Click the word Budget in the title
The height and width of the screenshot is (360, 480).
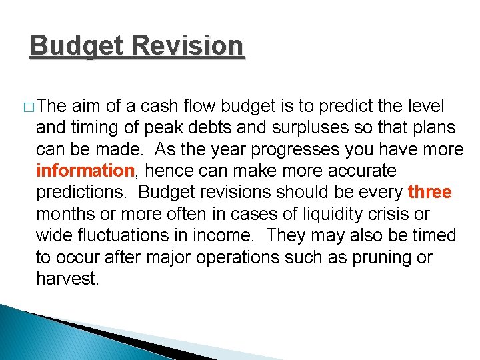[x=77, y=46]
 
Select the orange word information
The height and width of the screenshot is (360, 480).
[x=85, y=171]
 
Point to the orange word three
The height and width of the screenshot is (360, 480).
[x=430, y=192]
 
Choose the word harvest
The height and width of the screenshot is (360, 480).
[x=67, y=279]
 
